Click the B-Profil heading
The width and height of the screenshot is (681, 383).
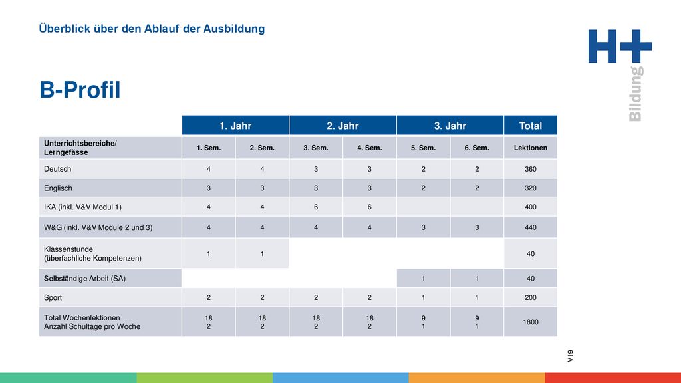(80, 90)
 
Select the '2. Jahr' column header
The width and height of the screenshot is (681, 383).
(342, 126)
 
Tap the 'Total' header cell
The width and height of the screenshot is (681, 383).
(530, 126)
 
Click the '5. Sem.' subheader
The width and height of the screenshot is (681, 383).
(423, 148)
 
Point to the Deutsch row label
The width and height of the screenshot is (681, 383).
(57, 169)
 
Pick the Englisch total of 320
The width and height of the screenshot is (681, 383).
(530, 188)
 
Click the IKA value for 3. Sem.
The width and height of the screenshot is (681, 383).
(316, 207)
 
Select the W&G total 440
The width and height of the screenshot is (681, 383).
(530, 227)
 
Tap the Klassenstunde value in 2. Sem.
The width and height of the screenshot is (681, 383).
(262, 253)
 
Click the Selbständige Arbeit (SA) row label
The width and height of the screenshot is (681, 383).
(84, 279)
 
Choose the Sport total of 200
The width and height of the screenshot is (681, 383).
(530, 297)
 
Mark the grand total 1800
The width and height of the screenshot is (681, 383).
(530, 322)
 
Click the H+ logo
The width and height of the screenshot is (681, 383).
(620, 46)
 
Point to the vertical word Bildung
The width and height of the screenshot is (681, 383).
(635, 94)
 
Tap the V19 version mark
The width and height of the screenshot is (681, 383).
(570, 356)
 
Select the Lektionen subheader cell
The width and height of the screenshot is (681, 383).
(530, 148)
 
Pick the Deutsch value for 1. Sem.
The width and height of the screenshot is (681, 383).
(208, 169)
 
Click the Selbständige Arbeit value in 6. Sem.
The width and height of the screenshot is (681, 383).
(477, 279)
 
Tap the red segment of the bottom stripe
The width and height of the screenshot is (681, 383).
(613, 378)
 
